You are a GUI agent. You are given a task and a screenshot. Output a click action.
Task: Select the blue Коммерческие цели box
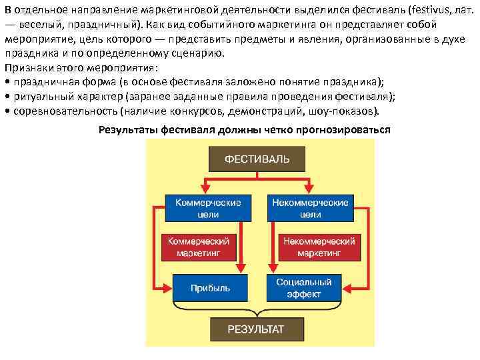[209, 207]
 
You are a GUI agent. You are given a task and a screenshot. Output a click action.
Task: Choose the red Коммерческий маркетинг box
[198, 247]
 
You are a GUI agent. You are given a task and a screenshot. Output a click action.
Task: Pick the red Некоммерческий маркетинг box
[319, 247]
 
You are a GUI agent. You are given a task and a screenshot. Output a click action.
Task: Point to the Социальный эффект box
[303, 287]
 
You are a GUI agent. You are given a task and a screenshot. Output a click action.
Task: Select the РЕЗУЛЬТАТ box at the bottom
[256, 329]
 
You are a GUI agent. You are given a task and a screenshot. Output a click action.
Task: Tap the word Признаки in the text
[26, 68]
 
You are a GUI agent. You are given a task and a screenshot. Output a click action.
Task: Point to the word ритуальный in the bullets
[37, 96]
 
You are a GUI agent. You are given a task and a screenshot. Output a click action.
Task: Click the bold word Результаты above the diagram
[128, 129]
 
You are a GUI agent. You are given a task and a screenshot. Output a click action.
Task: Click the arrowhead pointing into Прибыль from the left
[169, 287]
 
